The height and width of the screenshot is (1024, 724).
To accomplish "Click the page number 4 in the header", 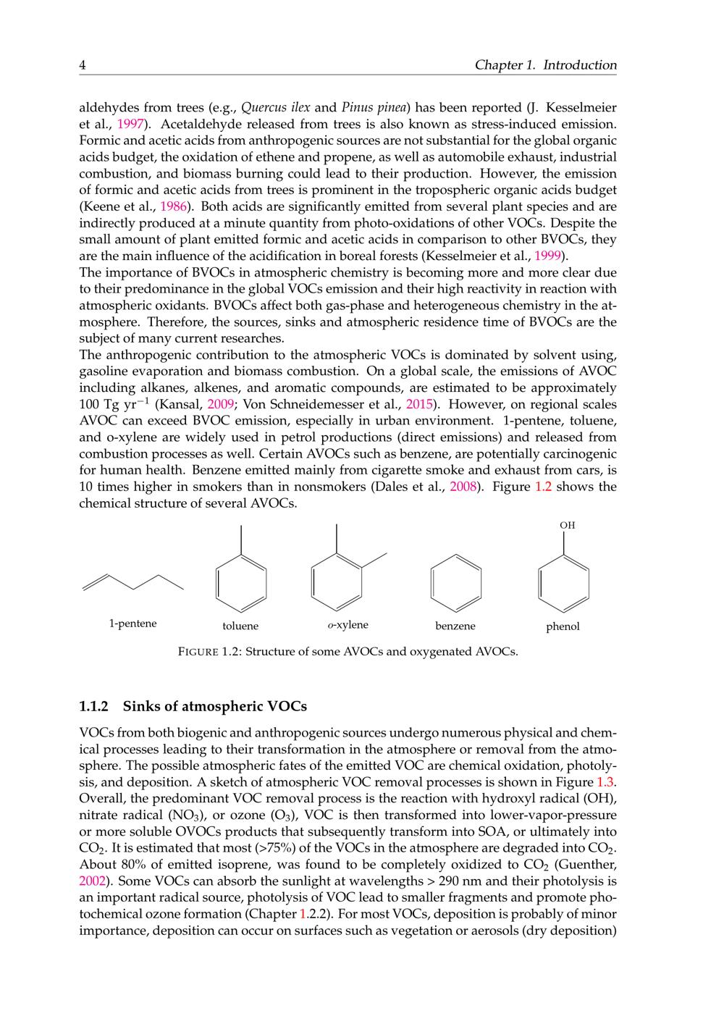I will [x=83, y=65].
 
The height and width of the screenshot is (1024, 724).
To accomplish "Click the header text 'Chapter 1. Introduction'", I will [x=545, y=65].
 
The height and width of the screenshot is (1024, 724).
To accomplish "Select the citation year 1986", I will [x=173, y=206].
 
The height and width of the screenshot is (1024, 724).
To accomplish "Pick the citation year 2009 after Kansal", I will [x=220, y=404].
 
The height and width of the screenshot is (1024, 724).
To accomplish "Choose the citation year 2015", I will [x=418, y=404].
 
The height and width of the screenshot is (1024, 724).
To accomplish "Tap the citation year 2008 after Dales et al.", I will [x=463, y=487].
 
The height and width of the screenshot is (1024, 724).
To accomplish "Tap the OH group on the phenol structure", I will [x=568, y=526].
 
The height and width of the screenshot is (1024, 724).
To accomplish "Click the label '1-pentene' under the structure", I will [x=132, y=624].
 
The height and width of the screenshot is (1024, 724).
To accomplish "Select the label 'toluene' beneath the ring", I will [x=240, y=626].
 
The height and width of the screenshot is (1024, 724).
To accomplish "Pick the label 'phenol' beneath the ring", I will [x=563, y=626].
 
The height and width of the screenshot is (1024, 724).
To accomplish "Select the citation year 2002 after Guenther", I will [x=93, y=881].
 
